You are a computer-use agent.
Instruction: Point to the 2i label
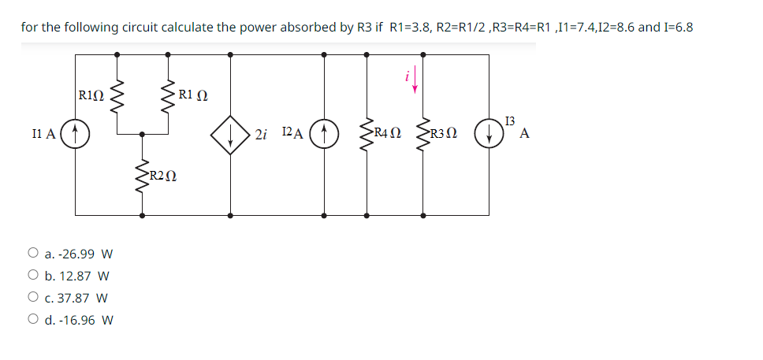click(262, 134)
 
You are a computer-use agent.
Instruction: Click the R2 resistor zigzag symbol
click(142, 175)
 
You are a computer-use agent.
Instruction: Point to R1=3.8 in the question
click(410, 27)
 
